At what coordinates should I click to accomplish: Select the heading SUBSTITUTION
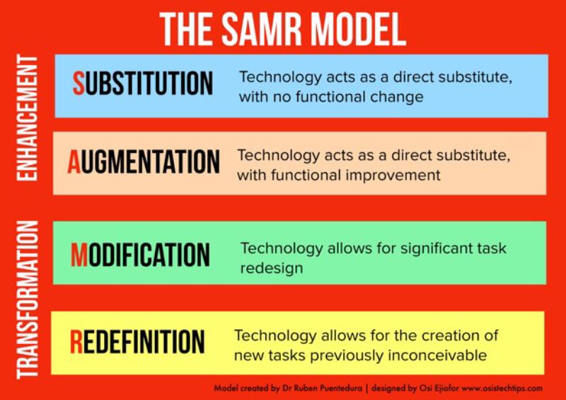click(143, 83)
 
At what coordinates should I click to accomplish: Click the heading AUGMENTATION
click(144, 161)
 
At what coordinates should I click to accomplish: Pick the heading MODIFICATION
click(140, 254)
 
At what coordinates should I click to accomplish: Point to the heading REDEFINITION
click(137, 341)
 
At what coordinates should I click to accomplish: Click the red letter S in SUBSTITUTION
click(79, 83)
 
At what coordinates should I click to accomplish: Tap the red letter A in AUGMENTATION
click(74, 161)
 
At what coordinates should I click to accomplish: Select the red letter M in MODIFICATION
click(79, 254)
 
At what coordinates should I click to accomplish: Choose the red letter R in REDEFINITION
click(76, 341)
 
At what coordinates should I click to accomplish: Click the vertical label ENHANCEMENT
click(28, 118)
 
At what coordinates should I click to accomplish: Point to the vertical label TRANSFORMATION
click(28, 299)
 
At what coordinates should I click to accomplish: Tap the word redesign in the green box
click(272, 268)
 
